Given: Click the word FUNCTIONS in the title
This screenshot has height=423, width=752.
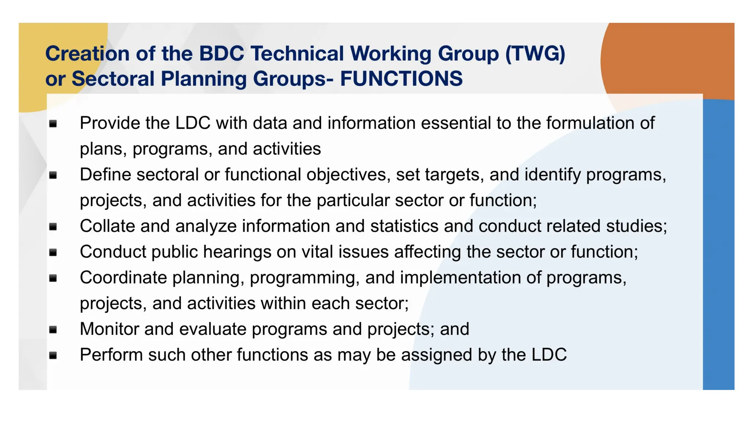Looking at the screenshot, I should [x=401, y=79].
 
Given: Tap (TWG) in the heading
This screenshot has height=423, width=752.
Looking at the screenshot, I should [x=535, y=54].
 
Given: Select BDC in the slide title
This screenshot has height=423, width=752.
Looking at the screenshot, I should [x=221, y=54].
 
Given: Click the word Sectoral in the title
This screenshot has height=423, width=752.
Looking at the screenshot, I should [x=113, y=79].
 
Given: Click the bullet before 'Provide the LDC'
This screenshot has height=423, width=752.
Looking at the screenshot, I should [x=53, y=124].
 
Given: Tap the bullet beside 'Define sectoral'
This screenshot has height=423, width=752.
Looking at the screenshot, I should [x=53, y=175].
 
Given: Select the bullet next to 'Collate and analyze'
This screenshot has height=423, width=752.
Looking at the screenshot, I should [x=53, y=227].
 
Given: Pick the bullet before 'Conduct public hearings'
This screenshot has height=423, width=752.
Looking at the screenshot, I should [x=53, y=252].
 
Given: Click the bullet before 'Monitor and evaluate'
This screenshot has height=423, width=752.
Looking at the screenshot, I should [x=53, y=329].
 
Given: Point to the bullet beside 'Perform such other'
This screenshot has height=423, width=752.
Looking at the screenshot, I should [x=53, y=355].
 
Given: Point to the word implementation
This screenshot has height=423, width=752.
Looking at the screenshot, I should [x=460, y=278].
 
